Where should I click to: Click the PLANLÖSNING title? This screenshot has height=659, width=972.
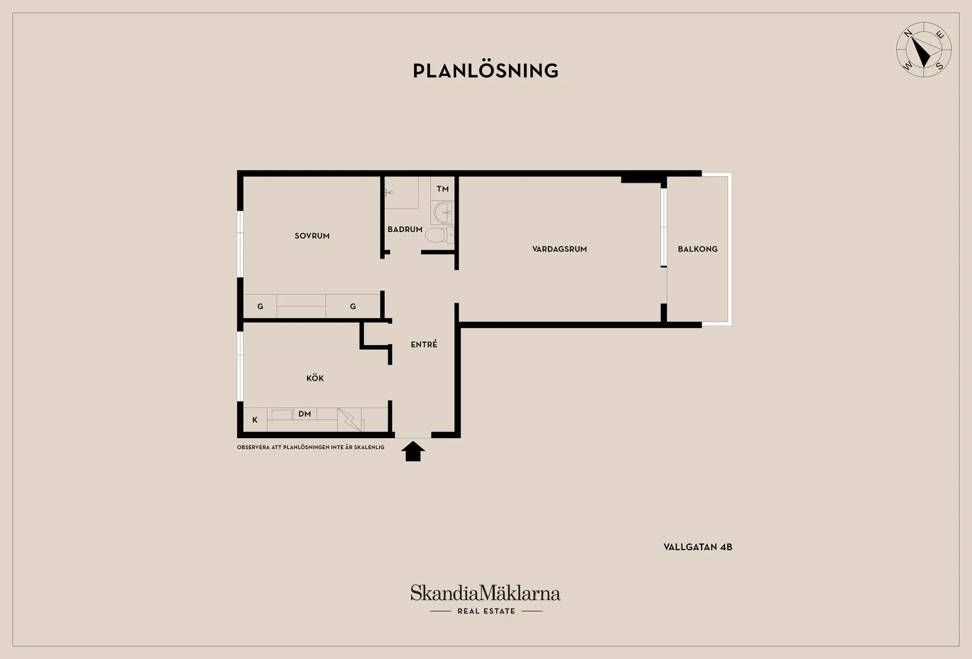click(x=485, y=71)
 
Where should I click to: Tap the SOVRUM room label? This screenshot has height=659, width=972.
click(x=312, y=236)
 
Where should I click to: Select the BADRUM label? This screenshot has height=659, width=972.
click(x=405, y=230)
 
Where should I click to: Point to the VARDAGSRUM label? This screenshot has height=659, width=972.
click(x=559, y=249)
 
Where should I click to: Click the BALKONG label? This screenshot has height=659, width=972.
click(x=697, y=249)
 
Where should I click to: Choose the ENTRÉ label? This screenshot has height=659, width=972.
click(x=424, y=344)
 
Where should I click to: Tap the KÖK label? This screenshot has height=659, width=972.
click(x=315, y=378)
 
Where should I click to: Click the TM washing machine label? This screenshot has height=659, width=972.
click(x=442, y=188)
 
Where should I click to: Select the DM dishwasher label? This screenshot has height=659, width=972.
click(x=305, y=414)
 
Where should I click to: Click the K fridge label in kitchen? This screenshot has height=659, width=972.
click(x=255, y=420)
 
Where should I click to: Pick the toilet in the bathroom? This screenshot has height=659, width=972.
click(x=439, y=235)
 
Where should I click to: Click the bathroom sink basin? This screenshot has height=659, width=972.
click(x=443, y=213)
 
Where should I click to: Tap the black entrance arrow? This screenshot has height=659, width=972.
click(x=413, y=451)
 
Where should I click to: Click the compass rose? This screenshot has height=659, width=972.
click(x=924, y=50)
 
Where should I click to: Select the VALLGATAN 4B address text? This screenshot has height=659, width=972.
click(x=697, y=547)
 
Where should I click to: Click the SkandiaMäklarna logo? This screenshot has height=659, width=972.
click(x=485, y=592)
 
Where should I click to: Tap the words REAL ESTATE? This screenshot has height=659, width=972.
click(x=487, y=611)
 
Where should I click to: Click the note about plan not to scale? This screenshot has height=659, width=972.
click(x=310, y=448)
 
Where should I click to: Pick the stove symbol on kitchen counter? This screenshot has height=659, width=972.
click(x=349, y=419)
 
